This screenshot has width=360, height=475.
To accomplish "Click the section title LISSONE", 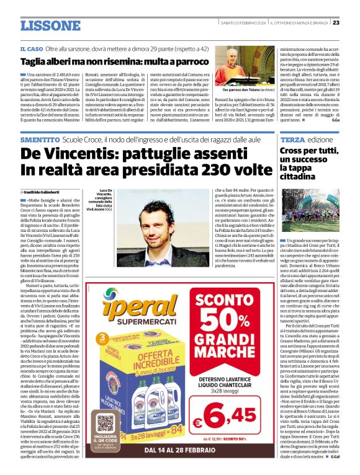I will [50, 25].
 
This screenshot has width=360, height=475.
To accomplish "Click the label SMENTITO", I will [40, 141].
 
